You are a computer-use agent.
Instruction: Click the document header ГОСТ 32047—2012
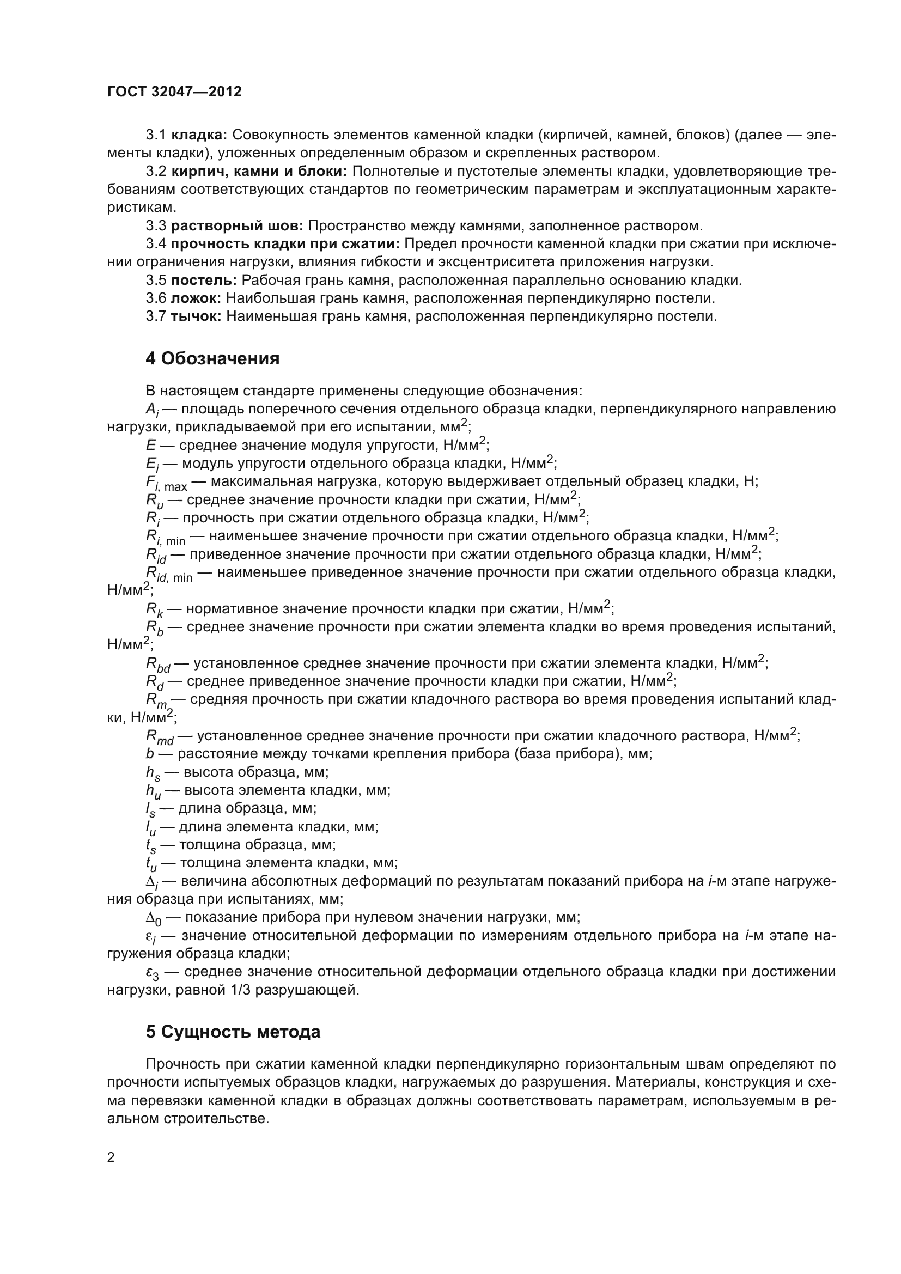point(175,92)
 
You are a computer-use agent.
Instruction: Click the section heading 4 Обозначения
point(212,359)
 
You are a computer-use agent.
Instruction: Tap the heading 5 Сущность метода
point(233,1032)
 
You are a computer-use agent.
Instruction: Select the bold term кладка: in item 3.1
point(199,135)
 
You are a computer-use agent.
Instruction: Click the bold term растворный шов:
point(237,226)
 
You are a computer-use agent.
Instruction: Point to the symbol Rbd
point(157,665)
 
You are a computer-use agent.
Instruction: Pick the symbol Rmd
point(159,737)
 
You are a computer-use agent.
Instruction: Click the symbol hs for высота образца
point(152,773)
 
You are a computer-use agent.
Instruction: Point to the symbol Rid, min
point(169,574)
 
